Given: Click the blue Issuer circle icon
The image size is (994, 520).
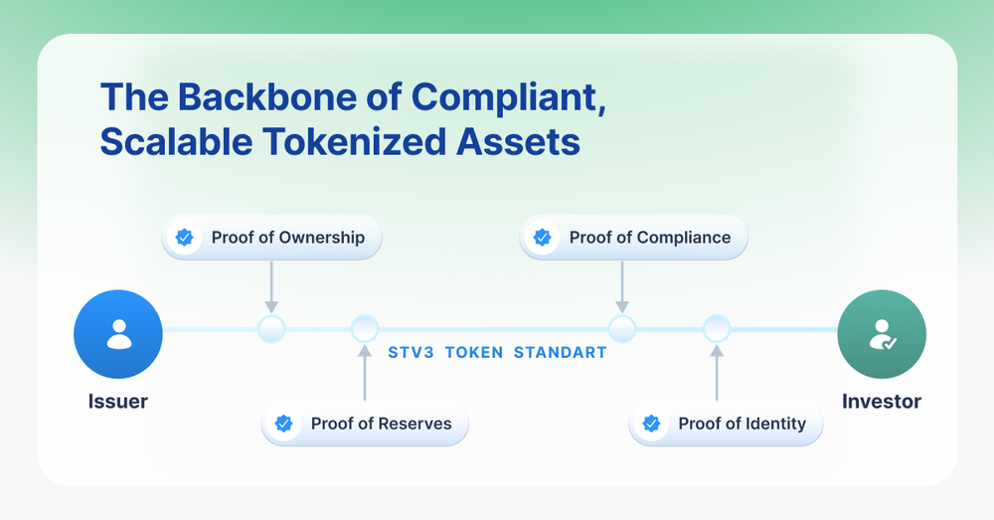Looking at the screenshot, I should tap(118, 334).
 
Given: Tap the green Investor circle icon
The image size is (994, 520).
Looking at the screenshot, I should tap(881, 334).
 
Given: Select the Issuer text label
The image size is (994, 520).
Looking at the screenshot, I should tap(118, 402).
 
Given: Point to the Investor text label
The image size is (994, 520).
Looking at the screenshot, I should tap(881, 402).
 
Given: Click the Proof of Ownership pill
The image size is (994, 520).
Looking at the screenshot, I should tap(270, 238).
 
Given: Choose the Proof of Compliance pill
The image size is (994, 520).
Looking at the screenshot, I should tap(632, 238).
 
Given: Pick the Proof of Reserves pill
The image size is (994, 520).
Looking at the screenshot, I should tap(364, 424).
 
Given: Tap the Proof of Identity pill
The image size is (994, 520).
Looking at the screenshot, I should tap(727, 424).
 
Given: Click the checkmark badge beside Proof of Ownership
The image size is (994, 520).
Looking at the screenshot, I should tap(184, 238).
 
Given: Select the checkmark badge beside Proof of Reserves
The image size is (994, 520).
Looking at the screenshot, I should tap(283, 424).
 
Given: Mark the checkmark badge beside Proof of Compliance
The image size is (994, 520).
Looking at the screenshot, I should tap(542, 238).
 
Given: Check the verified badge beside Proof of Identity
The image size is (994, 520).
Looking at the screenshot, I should tap(651, 424).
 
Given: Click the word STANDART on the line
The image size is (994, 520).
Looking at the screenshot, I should tap(560, 353).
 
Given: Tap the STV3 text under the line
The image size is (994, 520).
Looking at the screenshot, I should tap(409, 353).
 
